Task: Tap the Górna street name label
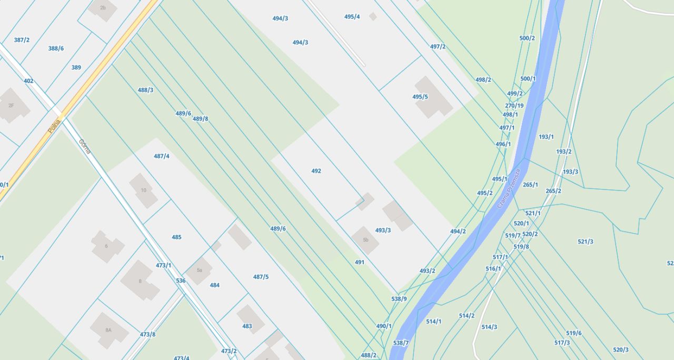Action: (x=85, y=146)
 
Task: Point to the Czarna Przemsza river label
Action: (x=509, y=188)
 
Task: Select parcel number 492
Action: (x=316, y=171)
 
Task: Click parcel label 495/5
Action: (x=420, y=97)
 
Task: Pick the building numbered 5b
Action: (x=365, y=240)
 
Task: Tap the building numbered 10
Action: (x=143, y=190)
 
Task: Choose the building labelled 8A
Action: (x=108, y=330)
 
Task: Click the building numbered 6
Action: (x=107, y=246)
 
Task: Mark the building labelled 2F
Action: (x=12, y=105)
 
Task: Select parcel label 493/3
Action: (x=383, y=230)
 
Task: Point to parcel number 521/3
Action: (x=586, y=242)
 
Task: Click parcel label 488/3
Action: (x=146, y=90)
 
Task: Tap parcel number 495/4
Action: (x=352, y=17)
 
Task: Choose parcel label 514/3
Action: (x=489, y=327)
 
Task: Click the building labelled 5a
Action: (x=199, y=271)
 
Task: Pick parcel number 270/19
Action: (x=514, y=105)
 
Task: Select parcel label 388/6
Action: (x=56, y=48)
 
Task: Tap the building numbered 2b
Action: (x=103, y=8)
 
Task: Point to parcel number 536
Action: (x=181, y=281)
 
